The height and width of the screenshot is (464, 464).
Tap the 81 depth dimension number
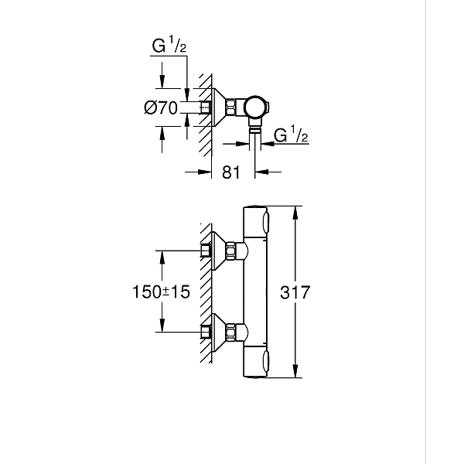pyautogui.click(x=230, y=174)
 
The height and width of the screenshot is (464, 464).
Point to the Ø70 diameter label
pyautogui.click(x=161, y=108)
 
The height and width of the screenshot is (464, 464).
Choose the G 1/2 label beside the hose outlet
pyautogui.click(x=292, y=135)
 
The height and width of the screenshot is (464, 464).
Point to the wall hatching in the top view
pyautogui.click(x=204, y=108)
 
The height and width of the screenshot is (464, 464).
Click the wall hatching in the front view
pyautogui.click(x=205, y=294)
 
